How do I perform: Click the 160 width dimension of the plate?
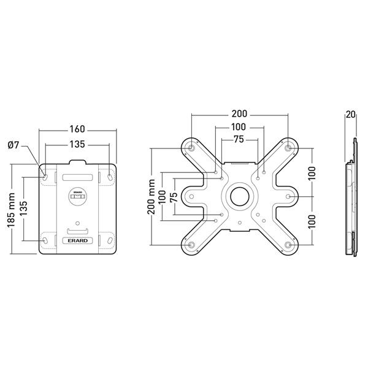click(x=77, y=129)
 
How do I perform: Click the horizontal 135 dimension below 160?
click(x=77, y=145)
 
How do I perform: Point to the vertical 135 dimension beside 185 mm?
click(x=24, y=207)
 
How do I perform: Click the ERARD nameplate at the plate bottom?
click(x=77, y=241)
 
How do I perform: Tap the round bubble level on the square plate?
click(x=78, y=196)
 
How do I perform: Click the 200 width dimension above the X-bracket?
click(x=239, y=114)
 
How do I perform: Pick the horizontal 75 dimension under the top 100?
click(x=239, y=139)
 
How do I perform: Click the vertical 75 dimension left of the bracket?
click(x=174, y=197)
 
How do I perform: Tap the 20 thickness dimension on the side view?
click(x=350, y=114)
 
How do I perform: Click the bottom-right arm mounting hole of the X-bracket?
click(x=288, y=245)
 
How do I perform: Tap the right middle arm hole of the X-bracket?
click(x=288, y=197)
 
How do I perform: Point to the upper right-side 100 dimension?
click(x=312, y=172)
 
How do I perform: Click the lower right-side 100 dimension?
click(x=312, y=221)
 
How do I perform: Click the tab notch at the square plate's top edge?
click(x=78, y=163)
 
